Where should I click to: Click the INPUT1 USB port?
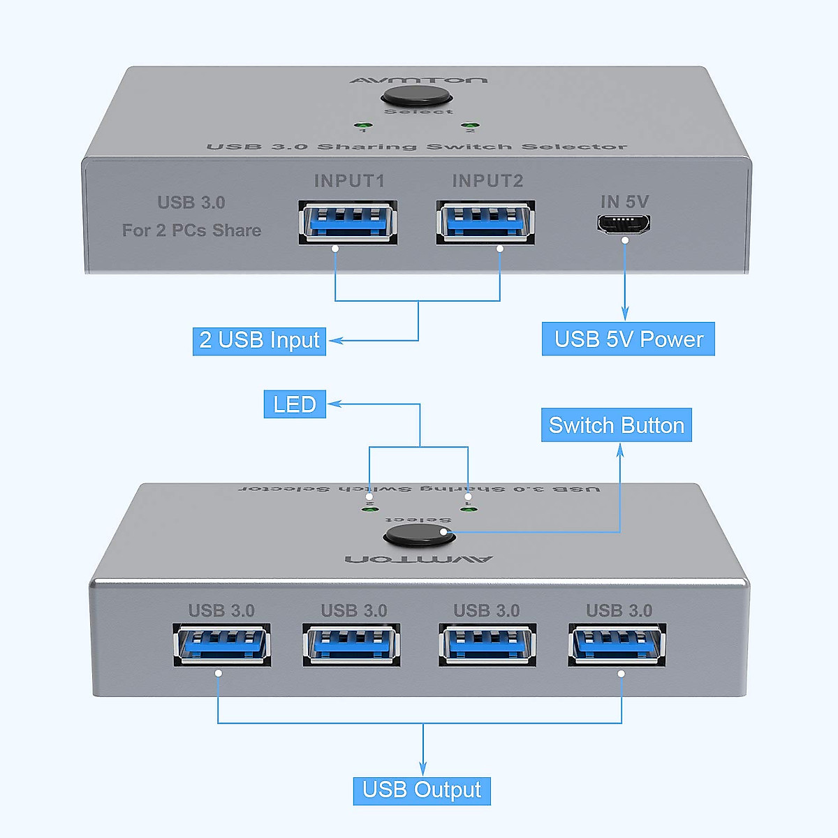[x=348, y=222]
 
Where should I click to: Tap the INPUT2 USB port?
[x=486, y=222]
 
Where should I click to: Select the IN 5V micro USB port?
[x=624, y=224]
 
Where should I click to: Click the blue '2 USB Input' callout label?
[x=259, y=341]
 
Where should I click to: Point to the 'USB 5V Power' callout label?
[x=628, y=339]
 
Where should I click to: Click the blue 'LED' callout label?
[x=295, y=404]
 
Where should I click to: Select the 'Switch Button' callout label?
[x=616, y=425]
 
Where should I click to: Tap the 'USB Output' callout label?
[x=422, y=791]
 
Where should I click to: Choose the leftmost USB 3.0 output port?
[x=222, y=645]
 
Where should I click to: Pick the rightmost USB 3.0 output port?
[x=617, y=645]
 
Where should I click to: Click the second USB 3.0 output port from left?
[x=352, y=645]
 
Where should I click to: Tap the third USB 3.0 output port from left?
[x=487, y=645]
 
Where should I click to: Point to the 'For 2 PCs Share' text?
[x=191, y=230]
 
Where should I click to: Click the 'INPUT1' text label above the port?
[x=349, y=182]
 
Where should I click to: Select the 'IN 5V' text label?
[x=624, y=202]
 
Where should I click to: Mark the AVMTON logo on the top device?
[x=418, y=80]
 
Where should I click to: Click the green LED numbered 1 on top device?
[x=363, y=126]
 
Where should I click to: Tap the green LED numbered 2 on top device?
[x=470, y=125]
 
